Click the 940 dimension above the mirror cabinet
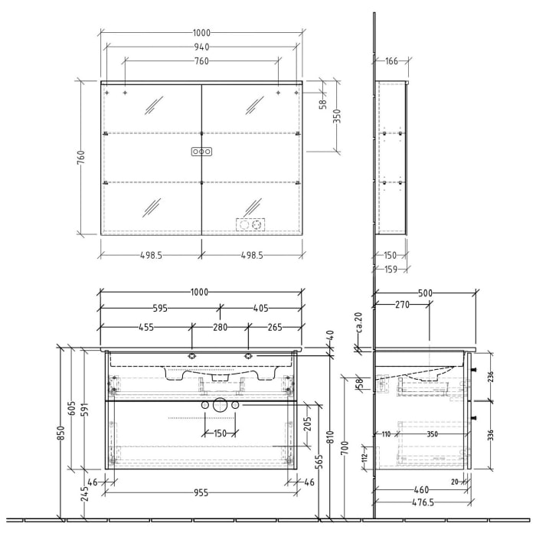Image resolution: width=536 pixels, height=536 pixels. (x=201, y=47)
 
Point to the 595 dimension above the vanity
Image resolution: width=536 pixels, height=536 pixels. (x=159, y=309)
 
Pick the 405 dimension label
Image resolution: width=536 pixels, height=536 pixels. (x=262, y=309)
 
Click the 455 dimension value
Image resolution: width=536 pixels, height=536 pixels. (x=147, y=327)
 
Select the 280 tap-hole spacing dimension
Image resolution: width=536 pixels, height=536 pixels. (x=221, y=327)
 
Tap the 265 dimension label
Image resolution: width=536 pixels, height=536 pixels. (x=275, y=327)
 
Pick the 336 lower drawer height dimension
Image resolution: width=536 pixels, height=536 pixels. (x=491, y=435)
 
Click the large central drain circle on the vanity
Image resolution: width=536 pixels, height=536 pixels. (x=221, y=405)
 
